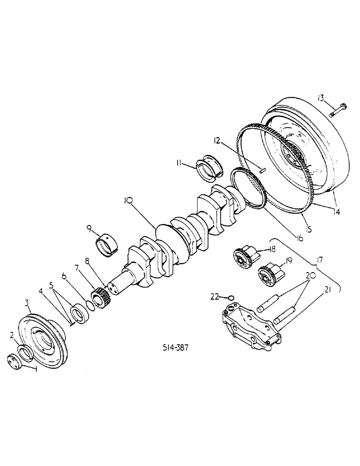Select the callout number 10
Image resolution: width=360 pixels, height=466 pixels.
pyautogui.click(x=129, y=201)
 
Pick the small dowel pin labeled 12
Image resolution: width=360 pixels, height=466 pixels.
pyautogui.click(x=263, y=170)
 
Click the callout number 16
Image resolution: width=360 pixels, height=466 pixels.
pyautogui.click(x=298, y=238)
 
